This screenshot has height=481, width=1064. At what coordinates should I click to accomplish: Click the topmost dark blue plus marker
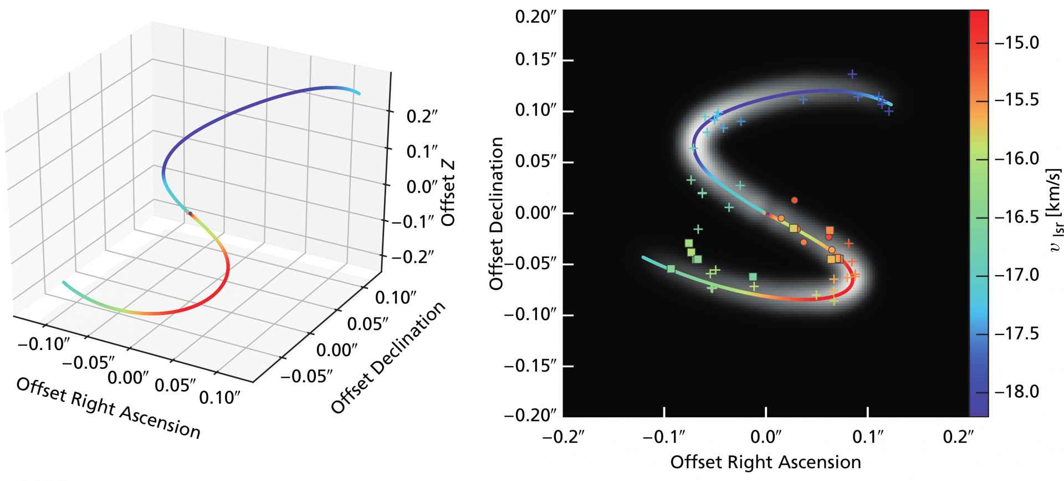(852, 74)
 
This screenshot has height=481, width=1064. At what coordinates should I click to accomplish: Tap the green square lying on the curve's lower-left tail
(671, 269)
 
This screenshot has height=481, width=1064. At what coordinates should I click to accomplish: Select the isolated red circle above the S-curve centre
(794, 200)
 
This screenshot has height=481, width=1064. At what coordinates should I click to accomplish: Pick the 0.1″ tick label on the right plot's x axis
(868, 437)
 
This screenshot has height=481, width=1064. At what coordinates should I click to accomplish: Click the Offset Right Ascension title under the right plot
(766, 462)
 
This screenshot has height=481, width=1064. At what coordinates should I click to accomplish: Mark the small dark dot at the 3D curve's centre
(190, 213)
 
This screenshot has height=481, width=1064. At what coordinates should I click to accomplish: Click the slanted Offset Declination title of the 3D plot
(388, 359)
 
